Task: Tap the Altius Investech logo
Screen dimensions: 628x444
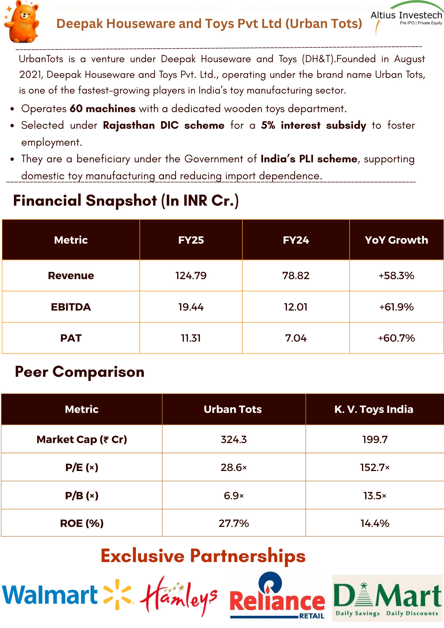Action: [407, 17]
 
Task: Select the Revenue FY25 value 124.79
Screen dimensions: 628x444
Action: [191, 276]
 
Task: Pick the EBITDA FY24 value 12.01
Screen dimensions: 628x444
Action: [295, 307]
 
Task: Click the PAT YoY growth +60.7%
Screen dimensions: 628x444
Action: [396, 338]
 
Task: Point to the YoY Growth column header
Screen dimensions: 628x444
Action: [396, 240]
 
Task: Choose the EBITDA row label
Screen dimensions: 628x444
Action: [71, 307]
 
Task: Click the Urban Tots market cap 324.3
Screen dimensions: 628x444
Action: [234, 439]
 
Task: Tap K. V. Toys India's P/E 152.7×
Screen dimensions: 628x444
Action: [375, 468]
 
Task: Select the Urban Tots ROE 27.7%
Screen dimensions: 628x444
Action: [234, 523]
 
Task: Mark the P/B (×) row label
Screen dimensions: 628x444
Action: [82, 495]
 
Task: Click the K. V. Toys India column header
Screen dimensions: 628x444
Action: [374, 409]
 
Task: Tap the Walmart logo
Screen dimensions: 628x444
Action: [67, 595]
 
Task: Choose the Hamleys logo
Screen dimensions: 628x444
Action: [178, 595]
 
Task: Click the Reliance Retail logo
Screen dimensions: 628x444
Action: [277, 597]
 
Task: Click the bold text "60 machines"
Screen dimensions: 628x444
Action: [103, 109]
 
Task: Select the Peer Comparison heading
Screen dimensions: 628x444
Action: [80, 372]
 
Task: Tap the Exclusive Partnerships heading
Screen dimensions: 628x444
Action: [203, 556]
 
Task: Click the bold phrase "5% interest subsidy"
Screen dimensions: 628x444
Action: [313, 125]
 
